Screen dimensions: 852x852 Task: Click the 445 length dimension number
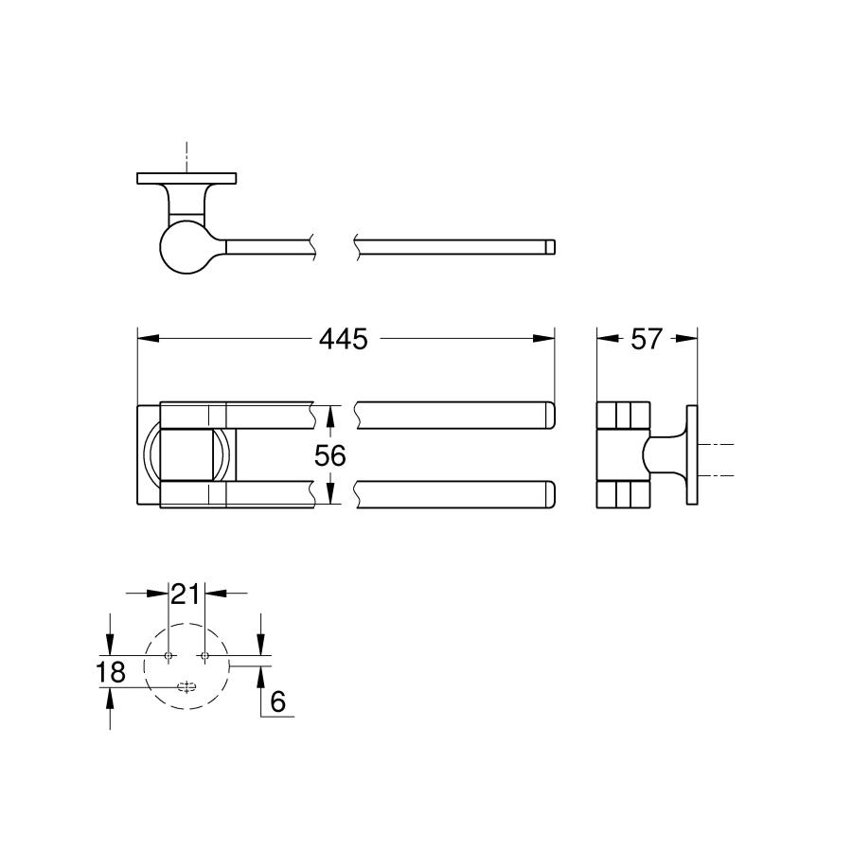343,339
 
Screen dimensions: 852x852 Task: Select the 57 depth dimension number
646,339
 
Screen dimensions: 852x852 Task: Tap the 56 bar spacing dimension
330,455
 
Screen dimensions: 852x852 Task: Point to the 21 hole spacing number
186,594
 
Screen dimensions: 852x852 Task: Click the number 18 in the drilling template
112,672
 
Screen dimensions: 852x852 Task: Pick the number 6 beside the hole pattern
277,701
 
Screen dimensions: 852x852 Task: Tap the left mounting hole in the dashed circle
168,655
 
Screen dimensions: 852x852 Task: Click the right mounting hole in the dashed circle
204,655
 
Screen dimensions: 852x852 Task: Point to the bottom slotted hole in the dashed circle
186,687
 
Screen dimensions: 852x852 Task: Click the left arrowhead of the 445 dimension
144,338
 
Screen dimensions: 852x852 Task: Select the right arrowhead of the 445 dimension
548,338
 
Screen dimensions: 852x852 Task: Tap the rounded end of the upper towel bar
547,414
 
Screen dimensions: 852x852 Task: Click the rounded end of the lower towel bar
547,495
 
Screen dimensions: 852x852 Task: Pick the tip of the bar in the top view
551,247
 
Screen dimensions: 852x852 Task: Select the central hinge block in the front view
186,454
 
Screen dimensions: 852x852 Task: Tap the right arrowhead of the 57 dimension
692,338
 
